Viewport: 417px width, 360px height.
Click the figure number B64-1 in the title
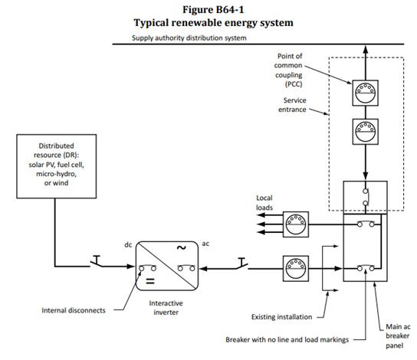[230, 10]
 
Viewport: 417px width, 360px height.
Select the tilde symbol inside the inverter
[182, 248]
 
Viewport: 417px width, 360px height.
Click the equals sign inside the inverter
[150, 281]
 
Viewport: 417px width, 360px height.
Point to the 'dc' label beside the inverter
[128, 244]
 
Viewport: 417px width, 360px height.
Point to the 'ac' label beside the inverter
[205, 244]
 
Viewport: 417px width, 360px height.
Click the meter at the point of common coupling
[366, 93]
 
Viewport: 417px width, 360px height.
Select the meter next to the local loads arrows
[296, 224]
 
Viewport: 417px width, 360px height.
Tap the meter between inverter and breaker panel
[296, 268]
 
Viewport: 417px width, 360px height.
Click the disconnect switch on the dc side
[97, 261]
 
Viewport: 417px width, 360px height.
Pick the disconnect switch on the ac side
[241, 263]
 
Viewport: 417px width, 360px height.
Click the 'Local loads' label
[264, 203]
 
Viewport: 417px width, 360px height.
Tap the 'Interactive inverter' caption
[166, 308]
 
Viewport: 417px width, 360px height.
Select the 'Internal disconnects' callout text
[74, 310]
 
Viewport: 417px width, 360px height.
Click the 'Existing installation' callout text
[281, 317]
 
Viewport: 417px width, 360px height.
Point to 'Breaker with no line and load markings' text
[287, 340]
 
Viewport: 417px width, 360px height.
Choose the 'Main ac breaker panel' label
[398, 336]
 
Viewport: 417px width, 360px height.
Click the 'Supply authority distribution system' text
[189, 38]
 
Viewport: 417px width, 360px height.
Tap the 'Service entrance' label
[292, 105]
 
